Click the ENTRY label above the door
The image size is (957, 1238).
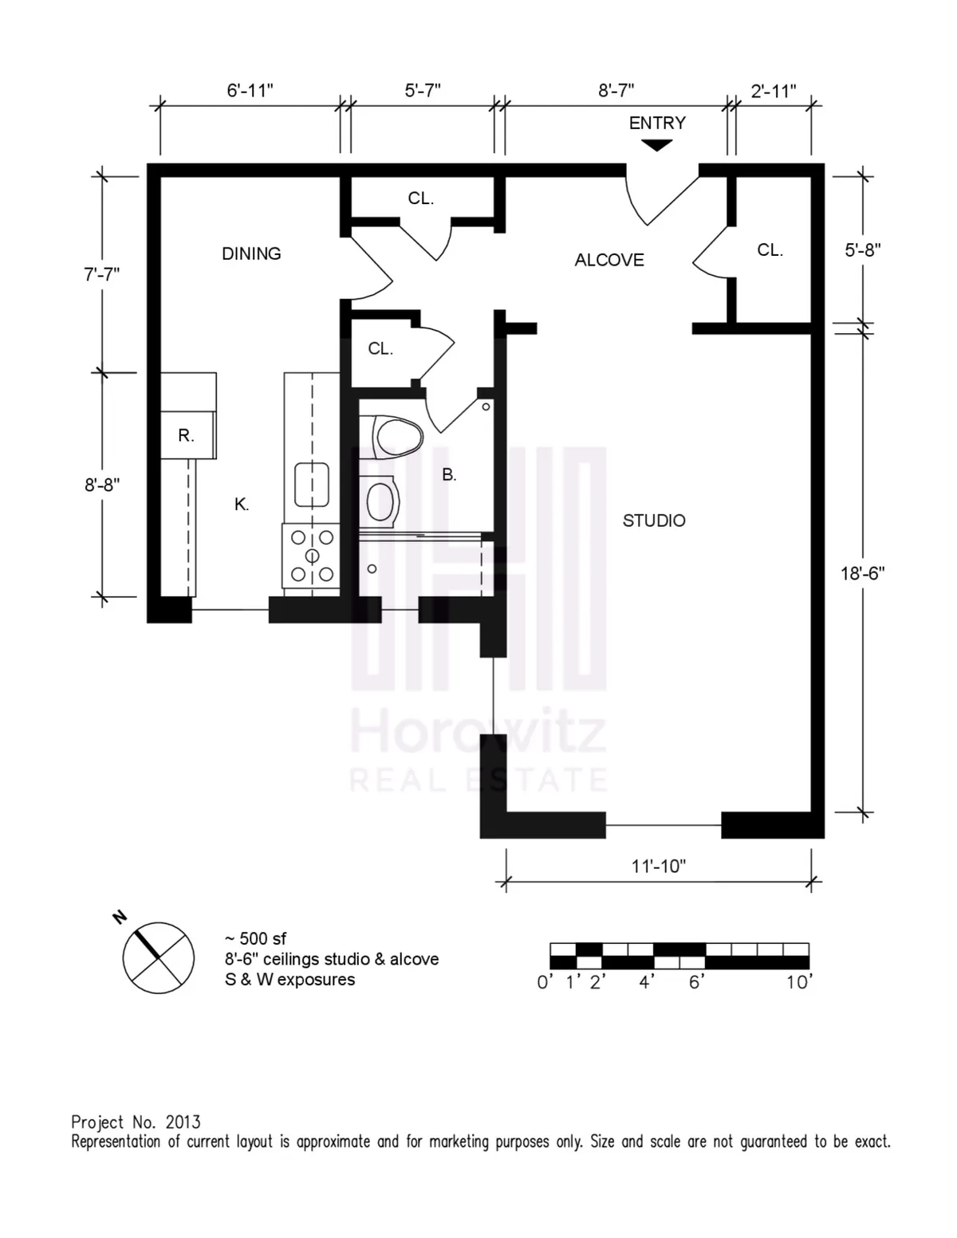657,123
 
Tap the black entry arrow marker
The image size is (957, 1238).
657,145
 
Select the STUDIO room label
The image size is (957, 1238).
654,521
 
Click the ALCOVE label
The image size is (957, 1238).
609,260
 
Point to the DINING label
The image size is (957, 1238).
251,253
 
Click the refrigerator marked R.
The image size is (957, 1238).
187,435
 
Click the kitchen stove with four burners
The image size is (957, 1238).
312,556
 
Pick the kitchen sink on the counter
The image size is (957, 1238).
312,485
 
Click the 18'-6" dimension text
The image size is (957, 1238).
862,573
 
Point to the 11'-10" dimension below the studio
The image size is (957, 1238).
659,867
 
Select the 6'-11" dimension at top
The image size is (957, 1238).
250,91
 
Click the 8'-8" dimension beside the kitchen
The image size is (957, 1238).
102,485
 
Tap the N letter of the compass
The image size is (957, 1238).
120,917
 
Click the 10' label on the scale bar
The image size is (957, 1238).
798,982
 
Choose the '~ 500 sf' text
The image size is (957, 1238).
255,938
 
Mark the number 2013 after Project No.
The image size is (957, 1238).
183,1122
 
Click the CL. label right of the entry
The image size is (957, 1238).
770,250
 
